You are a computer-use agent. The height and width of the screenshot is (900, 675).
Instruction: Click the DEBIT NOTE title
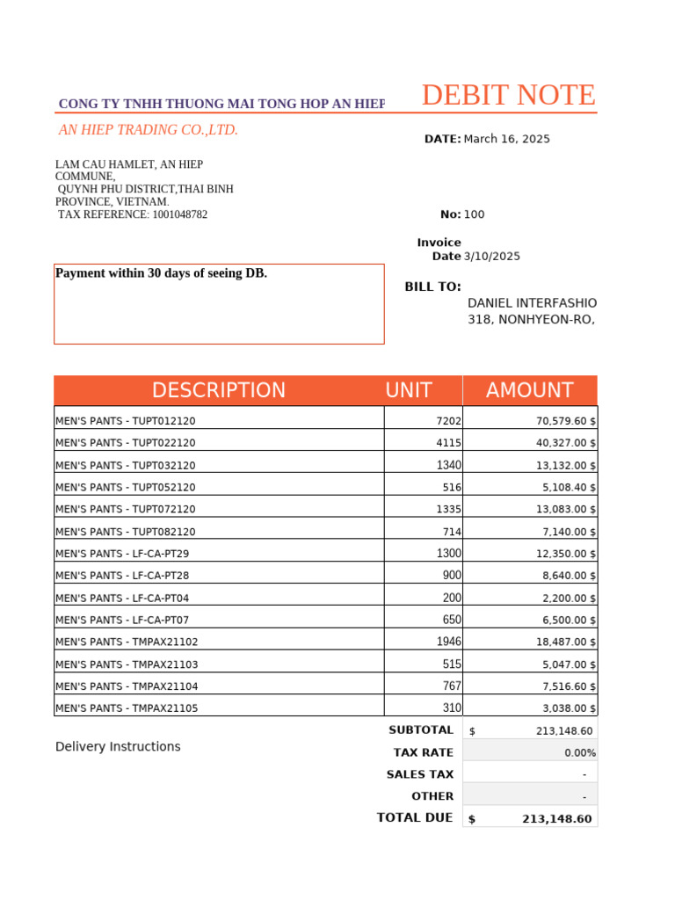point(508,95)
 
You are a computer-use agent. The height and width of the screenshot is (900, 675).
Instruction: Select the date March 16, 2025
point(506,139)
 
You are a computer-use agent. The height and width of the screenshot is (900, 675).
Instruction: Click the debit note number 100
point(474,214)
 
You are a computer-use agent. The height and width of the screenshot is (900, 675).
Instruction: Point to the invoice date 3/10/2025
point(491,257)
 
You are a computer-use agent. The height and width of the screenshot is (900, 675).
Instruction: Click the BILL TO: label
point(432,287)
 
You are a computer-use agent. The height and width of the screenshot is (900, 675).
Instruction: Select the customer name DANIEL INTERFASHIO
point(532,302)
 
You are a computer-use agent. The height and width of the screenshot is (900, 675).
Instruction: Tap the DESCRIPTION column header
point(218,390)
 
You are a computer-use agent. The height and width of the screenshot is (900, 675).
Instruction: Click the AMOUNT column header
point(529,390)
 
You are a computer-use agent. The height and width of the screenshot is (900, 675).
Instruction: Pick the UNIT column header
point(408,390)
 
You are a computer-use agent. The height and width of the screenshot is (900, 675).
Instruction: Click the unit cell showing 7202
point(448,421)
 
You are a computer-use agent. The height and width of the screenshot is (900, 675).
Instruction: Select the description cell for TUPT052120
point(126,487)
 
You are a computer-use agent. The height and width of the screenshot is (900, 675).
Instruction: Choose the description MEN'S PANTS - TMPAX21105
point(127,708)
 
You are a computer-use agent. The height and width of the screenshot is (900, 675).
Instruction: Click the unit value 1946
point(448,642)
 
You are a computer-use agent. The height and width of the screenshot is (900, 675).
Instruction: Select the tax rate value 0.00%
point(580,752)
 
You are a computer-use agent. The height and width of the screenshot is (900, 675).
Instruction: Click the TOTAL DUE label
point(415,817)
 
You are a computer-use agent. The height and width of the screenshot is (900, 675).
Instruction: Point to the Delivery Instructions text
point(118,746)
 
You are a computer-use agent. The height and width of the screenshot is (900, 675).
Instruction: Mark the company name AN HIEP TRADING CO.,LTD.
point(148,130)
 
